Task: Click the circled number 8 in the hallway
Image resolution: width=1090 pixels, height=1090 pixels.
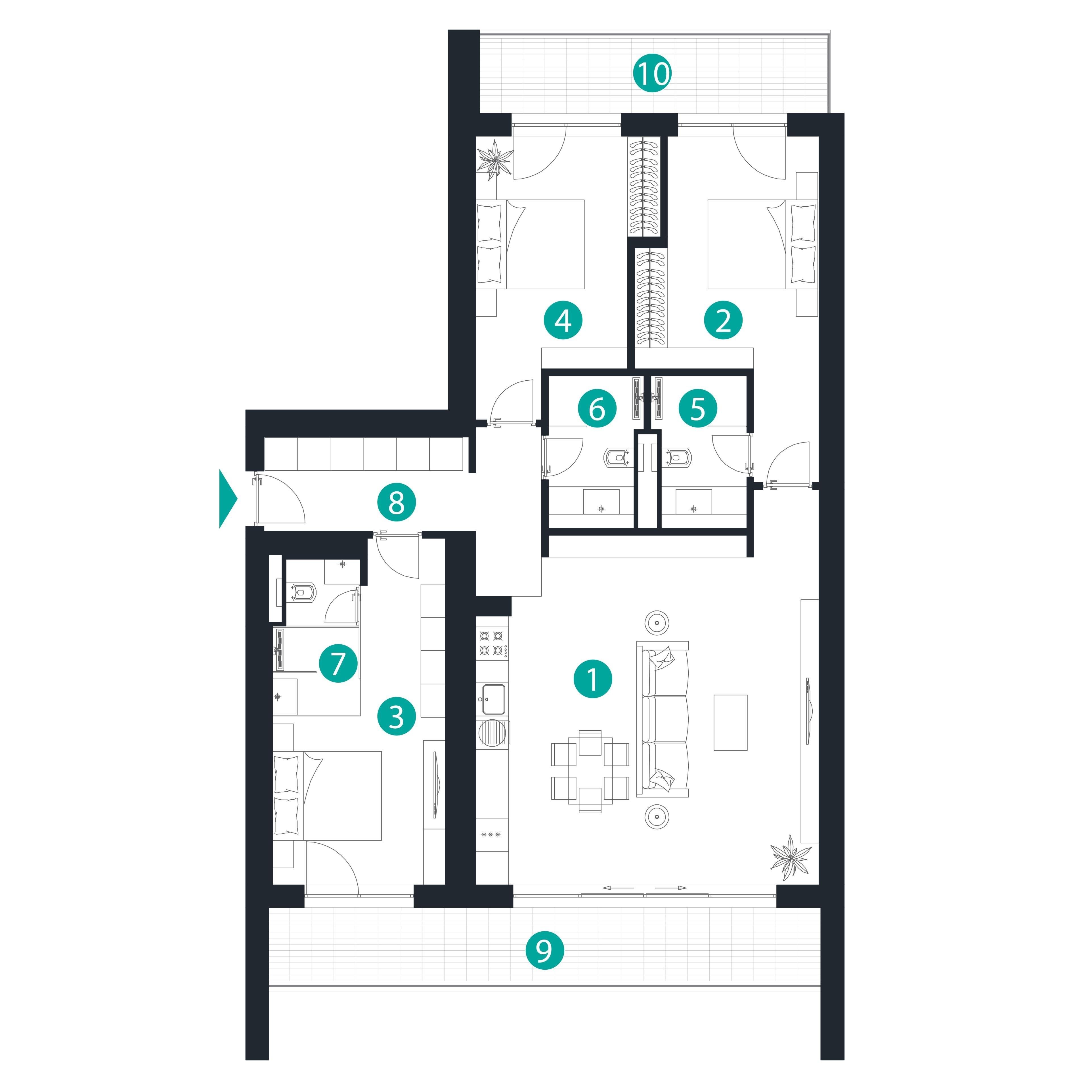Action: pos(397,502)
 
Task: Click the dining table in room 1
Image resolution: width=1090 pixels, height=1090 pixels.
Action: pos(590,771)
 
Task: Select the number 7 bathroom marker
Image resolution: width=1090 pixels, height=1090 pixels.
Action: pos(338,663)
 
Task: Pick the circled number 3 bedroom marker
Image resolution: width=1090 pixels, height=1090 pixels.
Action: pos(397,716)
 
